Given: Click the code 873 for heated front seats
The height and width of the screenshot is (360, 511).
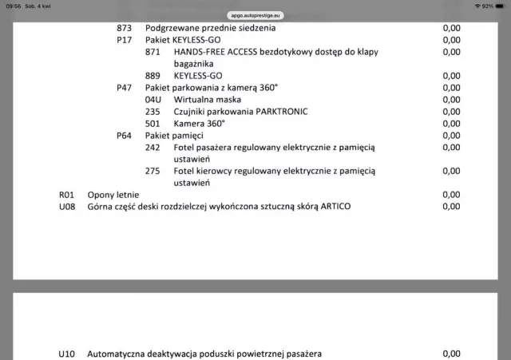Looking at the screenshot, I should (x=124, y=28).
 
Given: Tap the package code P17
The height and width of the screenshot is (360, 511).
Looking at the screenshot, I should (x=124, y=40).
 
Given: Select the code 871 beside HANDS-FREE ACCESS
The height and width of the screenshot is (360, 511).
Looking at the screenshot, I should (x=153, y=52).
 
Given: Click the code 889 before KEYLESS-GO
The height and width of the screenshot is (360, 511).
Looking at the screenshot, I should (x=153, y=76).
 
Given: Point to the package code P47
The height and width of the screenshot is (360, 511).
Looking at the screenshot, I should (x=124, y=88).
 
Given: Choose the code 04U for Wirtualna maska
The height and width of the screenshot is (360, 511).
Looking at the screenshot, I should (x=153, y=100).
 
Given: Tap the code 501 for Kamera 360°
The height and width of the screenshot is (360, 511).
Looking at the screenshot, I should (x=153, y=124).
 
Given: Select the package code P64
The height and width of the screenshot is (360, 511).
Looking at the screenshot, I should (x=124, y=136).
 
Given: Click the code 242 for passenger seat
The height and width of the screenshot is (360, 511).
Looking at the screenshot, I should (x=153, y=148).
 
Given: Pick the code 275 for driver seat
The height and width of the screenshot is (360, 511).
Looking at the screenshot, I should (x=153, y=171).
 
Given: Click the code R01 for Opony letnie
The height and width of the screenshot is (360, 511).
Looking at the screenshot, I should (x=66, y=195).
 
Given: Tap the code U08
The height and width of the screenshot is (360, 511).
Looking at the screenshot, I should (x=66, y=207).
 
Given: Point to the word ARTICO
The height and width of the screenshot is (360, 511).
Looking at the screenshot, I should (x=334, y=207).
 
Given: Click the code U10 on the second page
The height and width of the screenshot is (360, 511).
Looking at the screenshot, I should (x=66, y=354).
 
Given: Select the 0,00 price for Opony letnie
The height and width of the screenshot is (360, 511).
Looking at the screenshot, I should (x=451, y=195).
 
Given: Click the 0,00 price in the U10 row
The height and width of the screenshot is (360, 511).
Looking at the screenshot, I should (x=451, y=354).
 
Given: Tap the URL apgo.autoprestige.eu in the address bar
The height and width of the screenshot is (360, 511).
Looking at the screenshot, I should (x=255, y=15).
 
